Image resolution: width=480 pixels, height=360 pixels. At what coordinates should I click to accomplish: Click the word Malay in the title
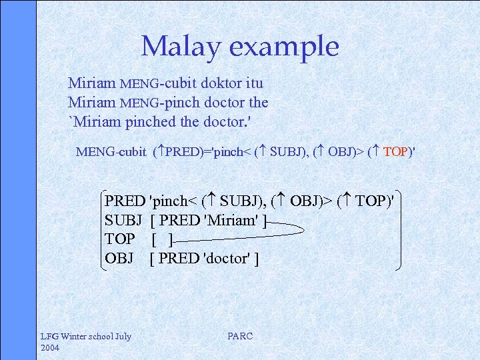[x=182, y=47]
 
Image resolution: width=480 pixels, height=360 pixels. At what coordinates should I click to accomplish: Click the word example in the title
[x=285, y=47]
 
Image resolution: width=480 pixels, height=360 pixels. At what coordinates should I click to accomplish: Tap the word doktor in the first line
[x=220, y=83]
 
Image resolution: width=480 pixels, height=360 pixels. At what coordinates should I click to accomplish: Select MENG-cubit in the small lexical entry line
[x=111, y=152]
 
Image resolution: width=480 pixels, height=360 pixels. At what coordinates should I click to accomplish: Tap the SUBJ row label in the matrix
[x=124, y=220]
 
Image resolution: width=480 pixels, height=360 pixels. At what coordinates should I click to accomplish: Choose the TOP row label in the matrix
[x=120, y=239]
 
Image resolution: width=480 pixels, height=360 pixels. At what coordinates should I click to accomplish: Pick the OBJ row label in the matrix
[x=119, y=258]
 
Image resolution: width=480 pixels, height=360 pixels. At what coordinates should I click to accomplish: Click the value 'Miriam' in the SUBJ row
[x=231, y=220]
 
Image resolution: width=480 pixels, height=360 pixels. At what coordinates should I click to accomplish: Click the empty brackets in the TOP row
[x=162, y=239]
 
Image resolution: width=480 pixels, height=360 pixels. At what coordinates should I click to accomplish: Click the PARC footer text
[x=240, y=337]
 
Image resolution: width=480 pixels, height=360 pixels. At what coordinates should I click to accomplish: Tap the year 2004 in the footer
[x=51, y=348]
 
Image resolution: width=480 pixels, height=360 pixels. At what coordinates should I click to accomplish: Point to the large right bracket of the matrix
[x=399, y=230]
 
